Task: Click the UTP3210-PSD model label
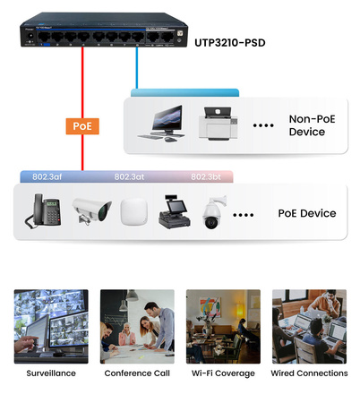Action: (x=227, y=42)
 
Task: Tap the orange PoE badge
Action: (x=81, y=126)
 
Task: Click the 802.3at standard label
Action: (x=132, y=176)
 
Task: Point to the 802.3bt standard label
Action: (x=207, y=176)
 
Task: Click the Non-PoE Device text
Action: (x=306, y=124)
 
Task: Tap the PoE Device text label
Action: (x=306, y=213)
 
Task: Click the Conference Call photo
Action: (x=136, y=326)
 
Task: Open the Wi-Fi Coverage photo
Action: (x=222, y=326)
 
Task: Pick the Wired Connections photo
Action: (x=309, y=326)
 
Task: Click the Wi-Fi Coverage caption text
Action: (x=222, y=373)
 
